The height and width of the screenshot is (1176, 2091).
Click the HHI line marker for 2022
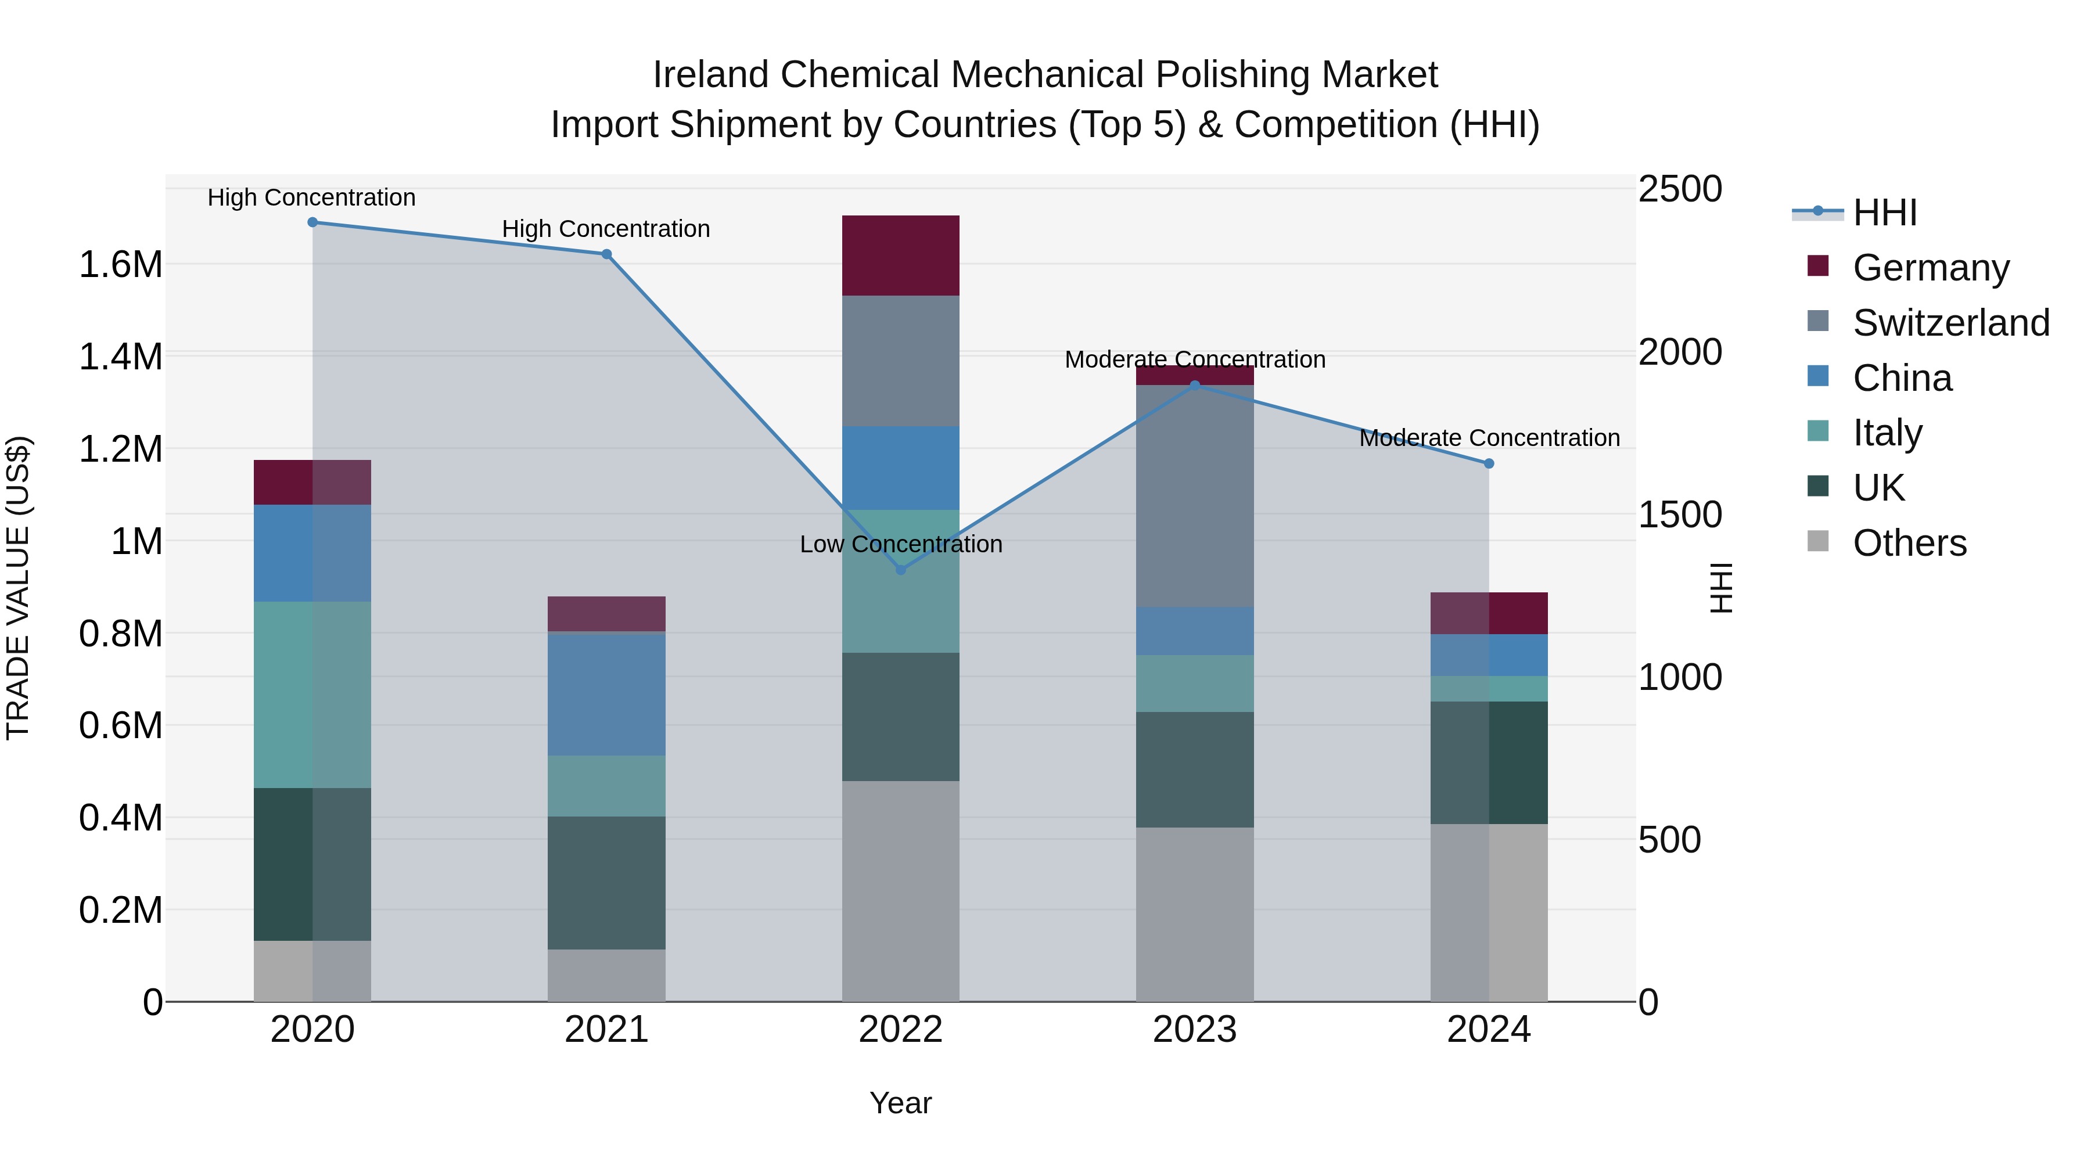[900, 570]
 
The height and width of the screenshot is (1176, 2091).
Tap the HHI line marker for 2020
[312, 222]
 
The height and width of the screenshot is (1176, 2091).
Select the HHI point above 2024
[1489, 463]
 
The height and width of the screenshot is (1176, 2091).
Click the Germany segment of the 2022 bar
[900, 256]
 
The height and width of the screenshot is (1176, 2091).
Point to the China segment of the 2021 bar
[606, 694]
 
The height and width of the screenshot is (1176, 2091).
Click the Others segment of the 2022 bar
[900, 890]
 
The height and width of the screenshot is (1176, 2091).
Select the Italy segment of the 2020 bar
[312, 694]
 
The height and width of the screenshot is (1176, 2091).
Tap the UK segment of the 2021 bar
[606, 882]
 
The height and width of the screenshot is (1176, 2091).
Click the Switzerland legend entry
[1950, 323]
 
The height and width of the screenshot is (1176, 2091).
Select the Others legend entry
[1909, 543]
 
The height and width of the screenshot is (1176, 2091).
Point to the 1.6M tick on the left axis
[120, 265]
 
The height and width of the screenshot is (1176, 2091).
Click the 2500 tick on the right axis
[1679, 189]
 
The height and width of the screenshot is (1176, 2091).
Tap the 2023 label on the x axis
[1194, 1030]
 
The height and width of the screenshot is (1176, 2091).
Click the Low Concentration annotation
[900, 544]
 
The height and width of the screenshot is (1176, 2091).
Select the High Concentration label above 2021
[606, 229]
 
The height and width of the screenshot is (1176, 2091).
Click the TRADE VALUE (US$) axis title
[18, 588]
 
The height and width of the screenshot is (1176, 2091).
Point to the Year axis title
[900, 1103]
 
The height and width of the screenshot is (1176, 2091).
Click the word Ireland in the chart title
[710, 75]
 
